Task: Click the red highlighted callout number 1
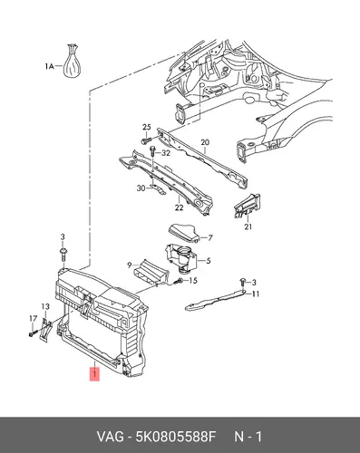tap(94, 374)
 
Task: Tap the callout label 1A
tap(49, 66)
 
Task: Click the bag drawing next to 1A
tap(72, 62)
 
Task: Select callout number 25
tap(147, 127)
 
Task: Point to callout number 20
tap(205, 142)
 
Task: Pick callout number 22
tap(180, 207)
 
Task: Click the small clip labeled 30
tap(158, 189)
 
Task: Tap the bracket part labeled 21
tap(248, 206)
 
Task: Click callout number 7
tap(209, 238)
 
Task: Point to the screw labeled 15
tap(179, 281)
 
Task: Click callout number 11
tap(256, 294)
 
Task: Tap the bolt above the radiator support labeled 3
tap(63, 255)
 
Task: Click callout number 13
tap(45, 306)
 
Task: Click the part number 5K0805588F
tap(177, 437)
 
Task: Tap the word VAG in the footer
tap(111, 437)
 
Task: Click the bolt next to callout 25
tap(146, 140)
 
